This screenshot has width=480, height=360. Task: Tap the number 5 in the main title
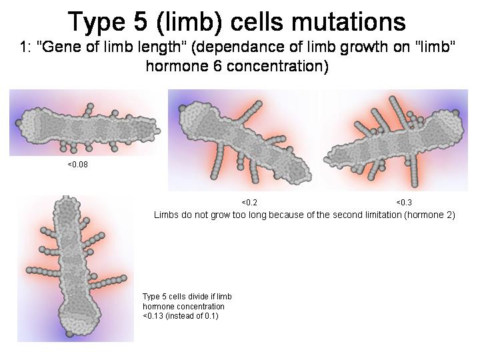pyautogui.click(x=141, y=22)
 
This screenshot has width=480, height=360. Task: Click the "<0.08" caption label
pyautogui.click(x=78, y=165)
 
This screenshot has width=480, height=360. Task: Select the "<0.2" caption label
pyautogui.click(x=249, y=203)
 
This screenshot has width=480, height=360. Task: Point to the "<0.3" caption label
pyautogui.click(x=404, y=203)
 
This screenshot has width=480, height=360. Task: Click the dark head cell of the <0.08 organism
pyautogui.click(x=19, y=123)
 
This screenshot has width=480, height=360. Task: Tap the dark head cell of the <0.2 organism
pyautogui.click(x=183, y=108)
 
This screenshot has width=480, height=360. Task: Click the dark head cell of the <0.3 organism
pyautogui.click(x=455, y=113)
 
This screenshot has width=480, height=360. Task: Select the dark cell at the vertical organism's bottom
pyautogui.click(x=69, y=333)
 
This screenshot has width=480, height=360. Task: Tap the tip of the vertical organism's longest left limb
pyautogui.click(x=29, y=270)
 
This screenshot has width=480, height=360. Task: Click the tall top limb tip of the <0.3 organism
pyautogui.click(x=392, y=99)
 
